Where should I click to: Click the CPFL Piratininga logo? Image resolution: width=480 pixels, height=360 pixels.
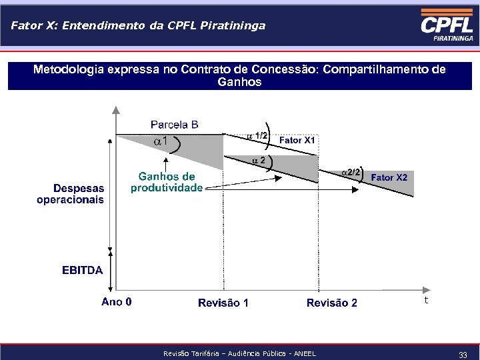447,27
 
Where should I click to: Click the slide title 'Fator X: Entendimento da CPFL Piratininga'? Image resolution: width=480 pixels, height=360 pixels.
138,26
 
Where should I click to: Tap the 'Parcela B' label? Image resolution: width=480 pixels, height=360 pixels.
174,125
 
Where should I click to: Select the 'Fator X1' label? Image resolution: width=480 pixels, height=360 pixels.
297,141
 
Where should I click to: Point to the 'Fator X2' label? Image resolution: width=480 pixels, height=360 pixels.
389,177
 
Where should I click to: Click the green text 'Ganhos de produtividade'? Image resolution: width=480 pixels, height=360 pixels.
167,182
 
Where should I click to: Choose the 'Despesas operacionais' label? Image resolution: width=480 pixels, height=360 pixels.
71,194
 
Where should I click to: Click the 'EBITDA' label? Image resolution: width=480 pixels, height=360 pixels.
82,270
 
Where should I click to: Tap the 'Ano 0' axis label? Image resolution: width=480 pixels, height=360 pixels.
117,302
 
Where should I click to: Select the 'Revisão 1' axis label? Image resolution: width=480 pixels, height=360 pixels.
223,303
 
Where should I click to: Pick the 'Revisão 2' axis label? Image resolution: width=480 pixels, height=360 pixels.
331,303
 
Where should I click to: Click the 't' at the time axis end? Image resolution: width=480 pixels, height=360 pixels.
425,301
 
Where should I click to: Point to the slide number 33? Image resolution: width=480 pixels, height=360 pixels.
463,354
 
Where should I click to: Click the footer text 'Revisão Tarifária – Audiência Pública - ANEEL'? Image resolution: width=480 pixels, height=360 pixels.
239,353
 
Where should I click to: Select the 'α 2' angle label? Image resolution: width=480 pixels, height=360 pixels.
259,161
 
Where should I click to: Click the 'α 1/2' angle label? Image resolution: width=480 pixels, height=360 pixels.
257,136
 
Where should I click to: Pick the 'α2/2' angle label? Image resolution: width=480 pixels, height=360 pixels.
351,172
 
